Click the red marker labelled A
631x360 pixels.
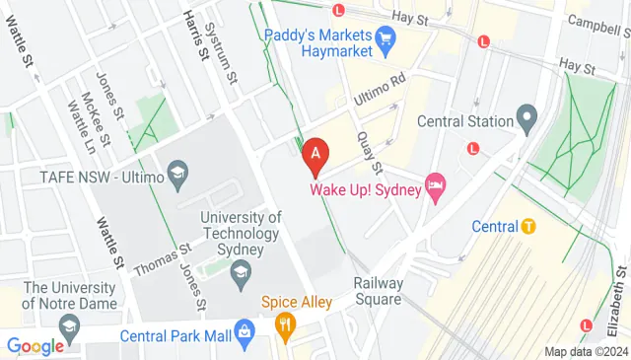click(315, 155)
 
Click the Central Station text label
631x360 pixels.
click(464, 122)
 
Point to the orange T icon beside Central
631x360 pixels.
click(528, 226)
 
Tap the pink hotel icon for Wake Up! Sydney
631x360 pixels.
click(435, 184)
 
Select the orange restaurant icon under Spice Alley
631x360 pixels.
click(287, 323)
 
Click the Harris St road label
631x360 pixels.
click(194, 36)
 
